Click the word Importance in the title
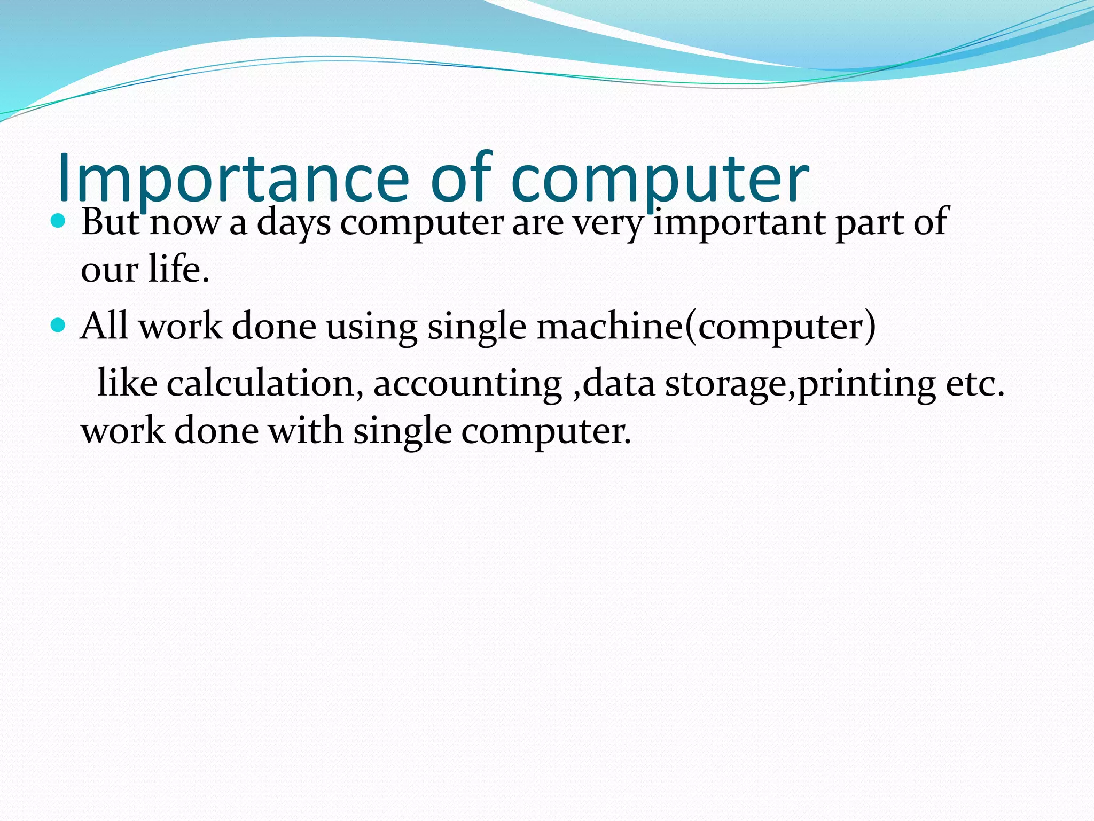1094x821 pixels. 232,179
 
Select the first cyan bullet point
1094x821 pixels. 58,220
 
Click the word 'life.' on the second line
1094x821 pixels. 178,269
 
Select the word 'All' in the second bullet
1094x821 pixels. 104,326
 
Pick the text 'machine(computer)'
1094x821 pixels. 706,327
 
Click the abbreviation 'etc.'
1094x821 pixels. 975,384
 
